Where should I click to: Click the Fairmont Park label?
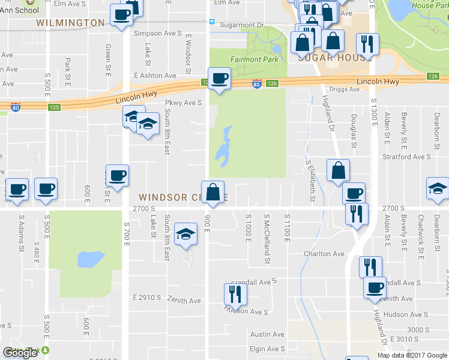(253, 59)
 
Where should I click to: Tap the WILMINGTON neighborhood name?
(70, 23)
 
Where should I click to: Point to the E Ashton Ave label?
(155, 76)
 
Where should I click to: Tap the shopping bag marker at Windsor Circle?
(213, 193)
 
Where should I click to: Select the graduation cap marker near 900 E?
(185, 235)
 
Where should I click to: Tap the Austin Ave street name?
(267, 334)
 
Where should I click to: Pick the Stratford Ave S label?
(407, 157)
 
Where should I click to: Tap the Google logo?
(20, 353)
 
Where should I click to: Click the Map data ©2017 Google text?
(412, 355)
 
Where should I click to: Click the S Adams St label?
(21, 232)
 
